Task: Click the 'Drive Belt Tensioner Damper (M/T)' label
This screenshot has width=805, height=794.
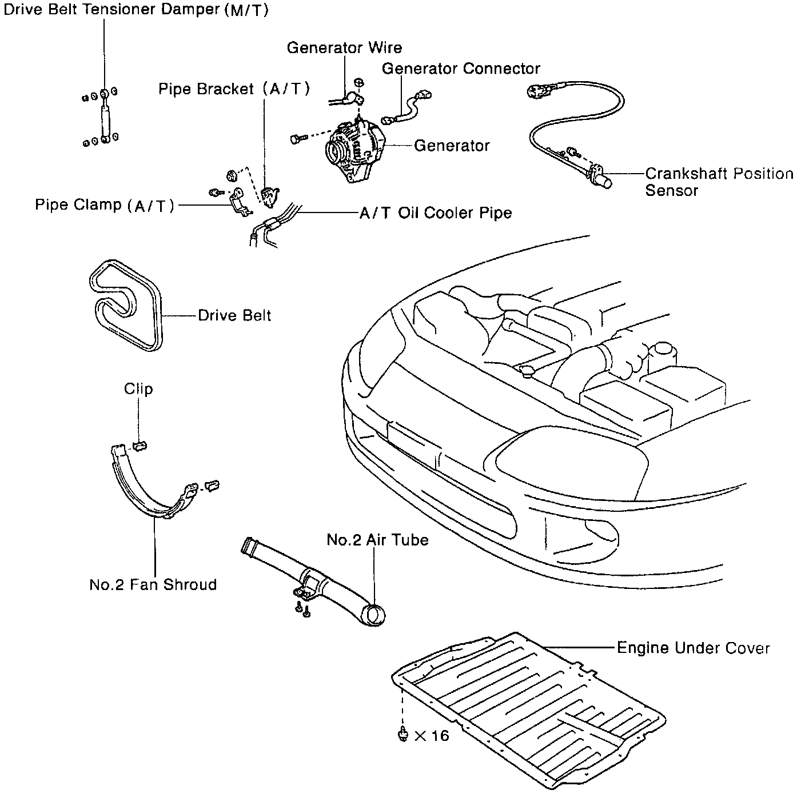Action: (x=136, y=10)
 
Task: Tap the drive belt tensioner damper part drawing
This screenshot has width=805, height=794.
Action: (x=105, y=117)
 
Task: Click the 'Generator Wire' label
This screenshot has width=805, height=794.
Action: (x=344, y=48)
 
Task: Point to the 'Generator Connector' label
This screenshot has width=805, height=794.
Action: (x=461, y=69)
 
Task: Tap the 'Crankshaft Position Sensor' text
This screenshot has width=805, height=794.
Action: (x=719, y=182)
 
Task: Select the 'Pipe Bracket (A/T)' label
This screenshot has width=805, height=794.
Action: (x=234, y=89)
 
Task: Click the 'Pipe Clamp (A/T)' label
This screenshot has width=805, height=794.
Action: (x=105, y=206)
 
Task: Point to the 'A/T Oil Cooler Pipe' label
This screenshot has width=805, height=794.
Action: (x=436, y=214)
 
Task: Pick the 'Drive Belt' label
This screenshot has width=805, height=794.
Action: (x=234, y=316)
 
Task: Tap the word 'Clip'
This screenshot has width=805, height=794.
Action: (x=138, y=390)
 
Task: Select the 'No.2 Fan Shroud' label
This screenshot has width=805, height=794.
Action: (x=153, y=585)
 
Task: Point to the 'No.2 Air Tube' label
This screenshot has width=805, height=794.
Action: (x=377, y=540)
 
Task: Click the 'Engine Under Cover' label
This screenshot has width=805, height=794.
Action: (x=693, y=648)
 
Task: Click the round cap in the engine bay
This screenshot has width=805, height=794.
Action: (x=525, y=372)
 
